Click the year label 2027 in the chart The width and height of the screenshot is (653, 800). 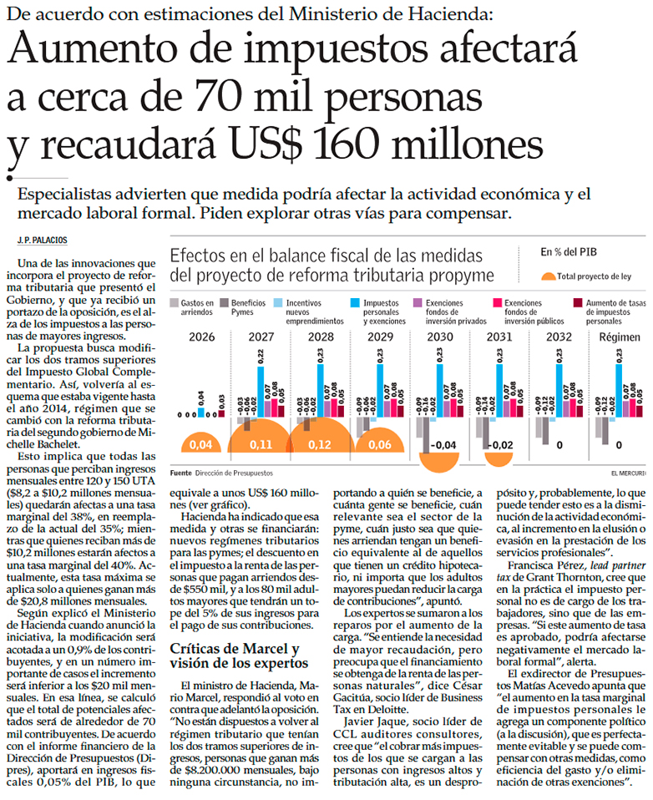[x=260, y=337]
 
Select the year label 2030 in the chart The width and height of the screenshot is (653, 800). [x=440, y=337]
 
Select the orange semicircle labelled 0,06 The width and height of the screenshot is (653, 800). [x=380, y=443]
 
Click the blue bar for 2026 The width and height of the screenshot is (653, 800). [x=200, y=411]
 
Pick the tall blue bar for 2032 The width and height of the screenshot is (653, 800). [x=559, y=383]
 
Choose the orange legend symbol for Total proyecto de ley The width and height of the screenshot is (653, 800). [x=547, y=276]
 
